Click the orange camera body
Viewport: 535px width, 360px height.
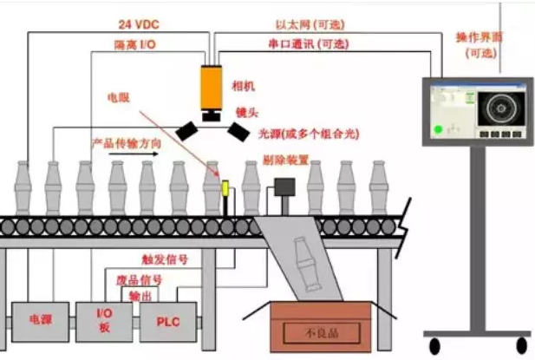[212, 88]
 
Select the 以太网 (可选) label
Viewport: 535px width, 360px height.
[318, 23]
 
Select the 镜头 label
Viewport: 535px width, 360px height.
[245, 113]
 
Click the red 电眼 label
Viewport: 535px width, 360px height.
[118, 98]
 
